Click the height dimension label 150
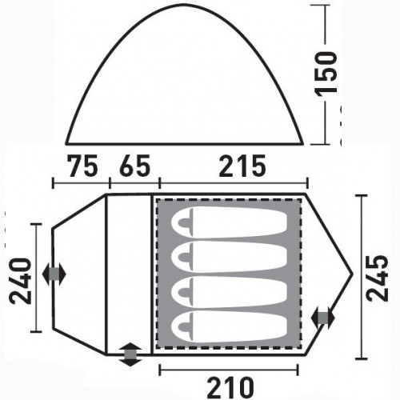(x=326, y=73)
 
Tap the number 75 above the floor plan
(x=83, y=166)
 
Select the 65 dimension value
(x=134, y=166)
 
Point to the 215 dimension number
(x=242, y=166)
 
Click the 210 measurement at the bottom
(x=230, y=387)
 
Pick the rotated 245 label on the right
(x=377, y=278)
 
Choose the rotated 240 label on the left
(x=20, y=281)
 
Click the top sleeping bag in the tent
(x=230, y=222)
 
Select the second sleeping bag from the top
(x=230, y=257)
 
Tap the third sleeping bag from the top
(x=230, y=291)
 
